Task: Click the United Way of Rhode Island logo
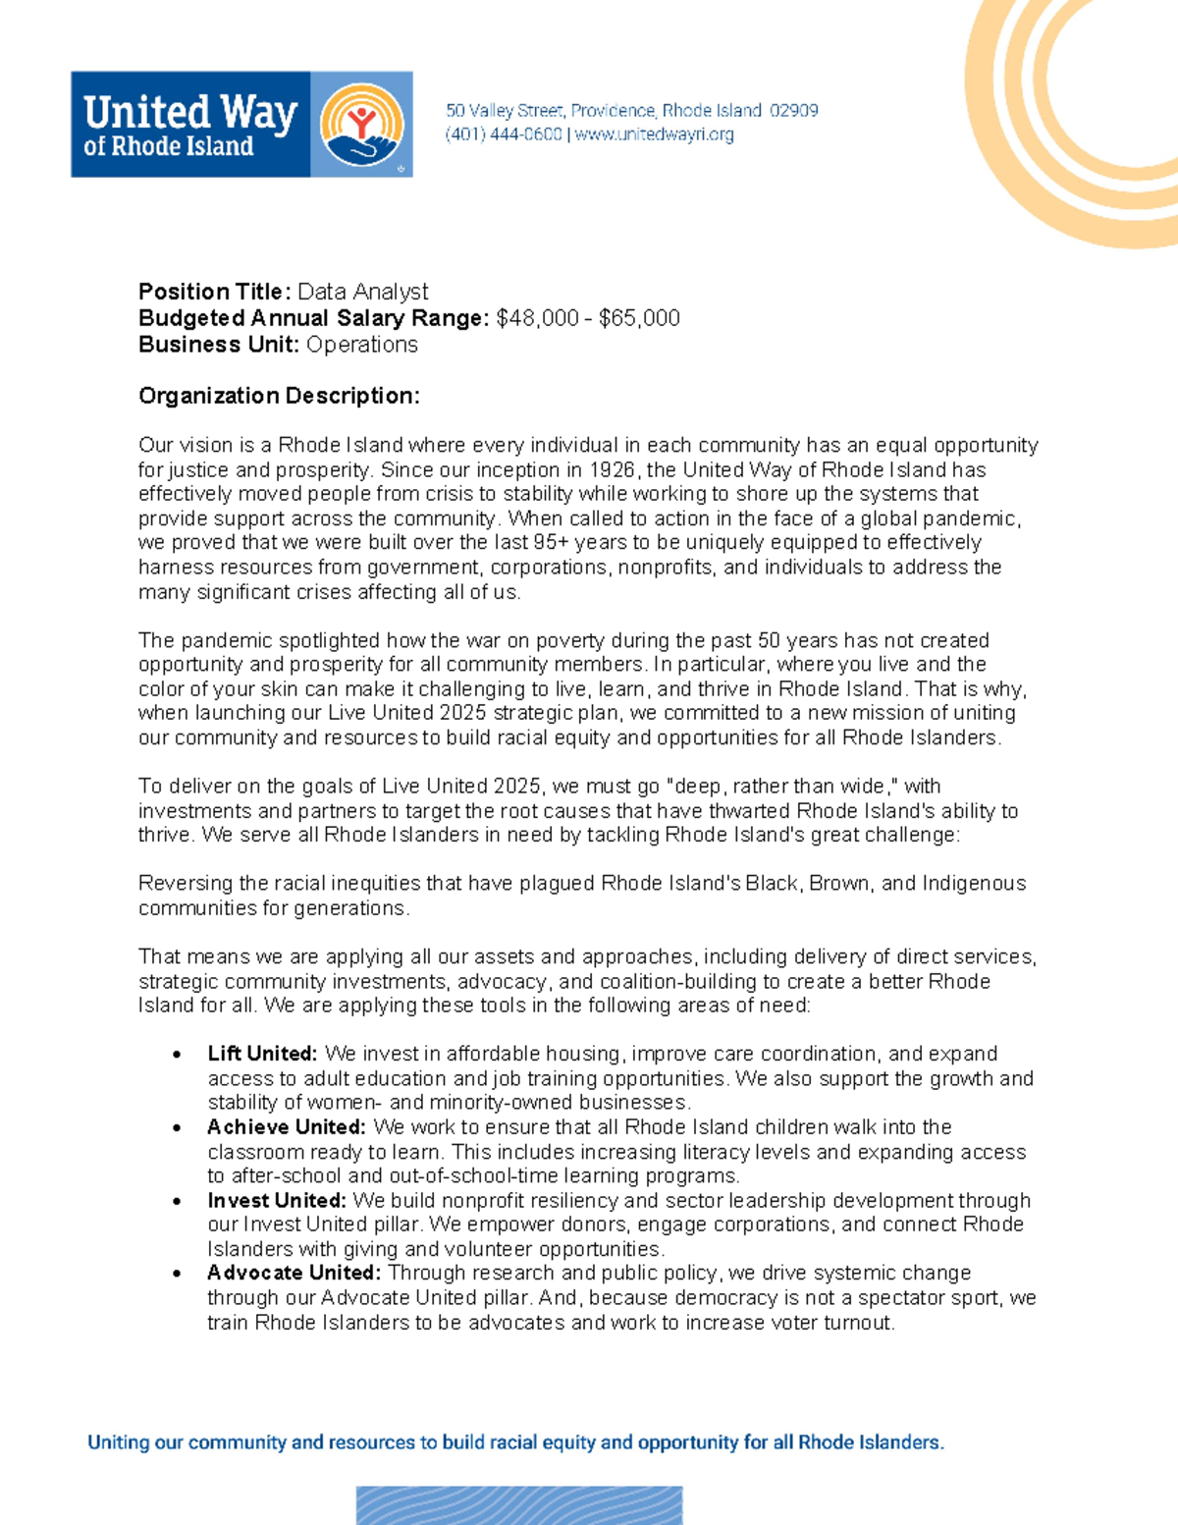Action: pos(241,125)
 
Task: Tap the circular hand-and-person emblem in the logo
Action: pos(361,126)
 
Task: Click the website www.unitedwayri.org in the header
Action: pos(654,135)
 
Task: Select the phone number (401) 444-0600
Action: pos(504,135)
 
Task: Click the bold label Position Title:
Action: pos(214,292)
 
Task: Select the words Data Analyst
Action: pos(363,292)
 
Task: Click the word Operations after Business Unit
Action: pos(362,345)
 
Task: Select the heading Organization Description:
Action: pos(279,396)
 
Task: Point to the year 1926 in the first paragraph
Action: pos(612,470)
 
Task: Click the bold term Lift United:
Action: pos(262,1054)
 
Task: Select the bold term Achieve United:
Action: pos(286,1127)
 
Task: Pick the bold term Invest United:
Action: pos(276,1201)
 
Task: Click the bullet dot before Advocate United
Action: pos(177,1274)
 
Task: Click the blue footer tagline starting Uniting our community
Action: pos(515,1443)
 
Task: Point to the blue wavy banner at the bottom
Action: pos(518,1505)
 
